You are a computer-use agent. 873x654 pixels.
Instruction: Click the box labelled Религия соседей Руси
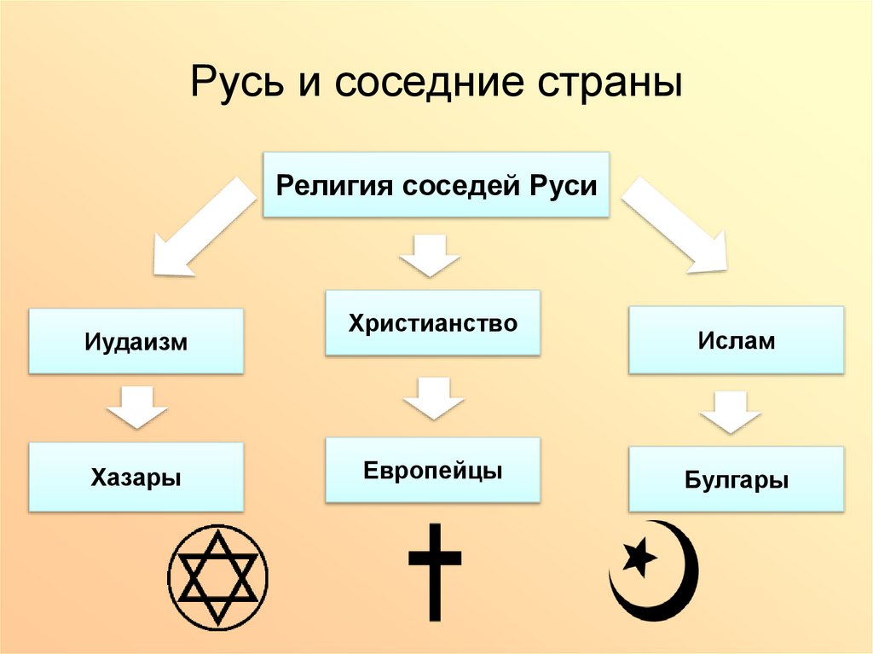pyautogui.click(x=436, y=185)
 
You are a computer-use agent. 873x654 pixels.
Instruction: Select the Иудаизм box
pyautogui.click(x=136, y=342)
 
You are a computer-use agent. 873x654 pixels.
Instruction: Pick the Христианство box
pyautogui.click(x=432, y=323)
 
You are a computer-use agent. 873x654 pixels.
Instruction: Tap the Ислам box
pyautogui.click(x=736, y=341)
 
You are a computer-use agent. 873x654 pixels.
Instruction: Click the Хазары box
pyautogui.click(x=136, y=476)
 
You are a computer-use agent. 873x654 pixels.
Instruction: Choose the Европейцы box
pyautogui.click(x=432, y=470)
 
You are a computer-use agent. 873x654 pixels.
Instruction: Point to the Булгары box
pyautogui.click(x=736, y=480)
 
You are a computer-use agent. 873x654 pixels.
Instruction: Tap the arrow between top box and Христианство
pyautogui.click(x=431, y=256)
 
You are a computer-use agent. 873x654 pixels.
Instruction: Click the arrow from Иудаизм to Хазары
pyautogui.click(x=136, y=407)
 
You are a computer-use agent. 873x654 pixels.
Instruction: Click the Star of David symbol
pyautogui.click(x=217, y=576)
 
